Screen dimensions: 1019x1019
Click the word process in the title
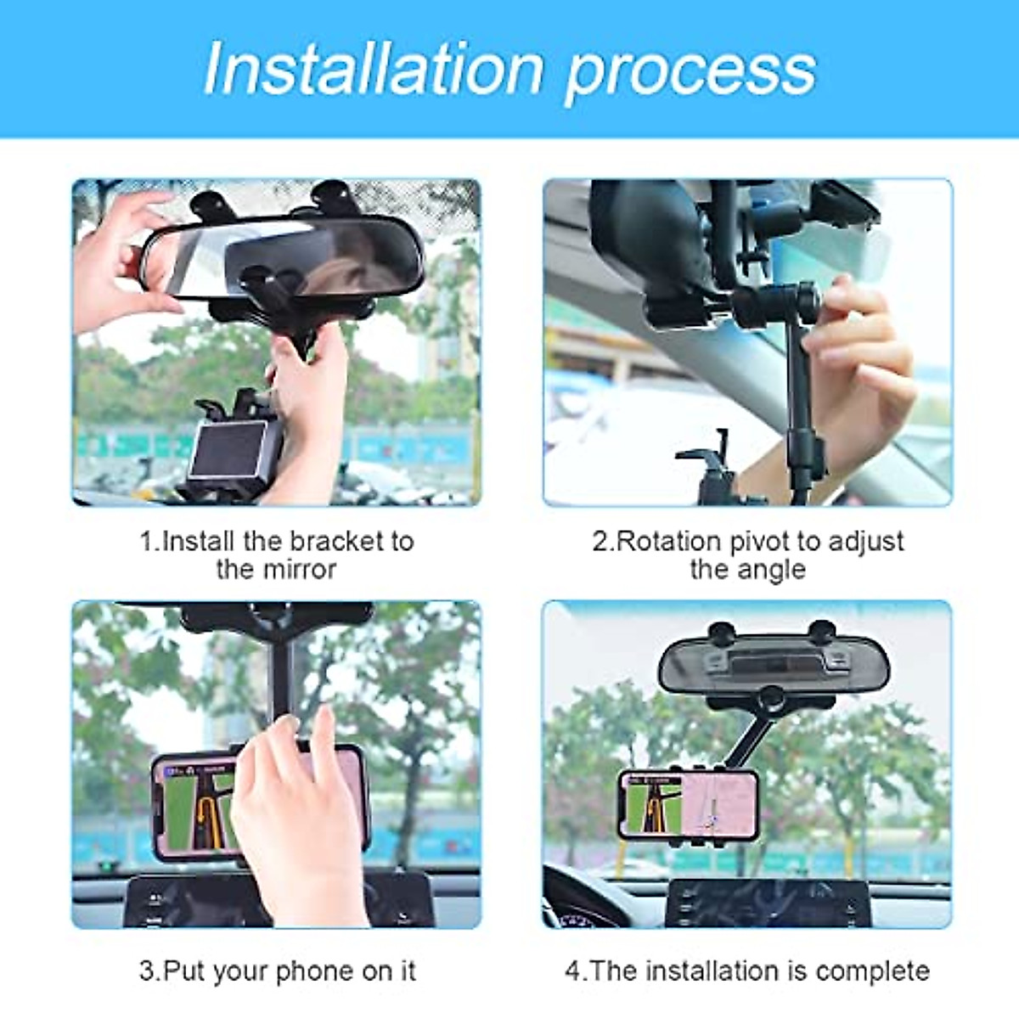(x=690, y=70)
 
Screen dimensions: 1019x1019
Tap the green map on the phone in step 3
(x=191, y=811)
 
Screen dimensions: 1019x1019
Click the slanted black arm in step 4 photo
(x=747, y=739)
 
